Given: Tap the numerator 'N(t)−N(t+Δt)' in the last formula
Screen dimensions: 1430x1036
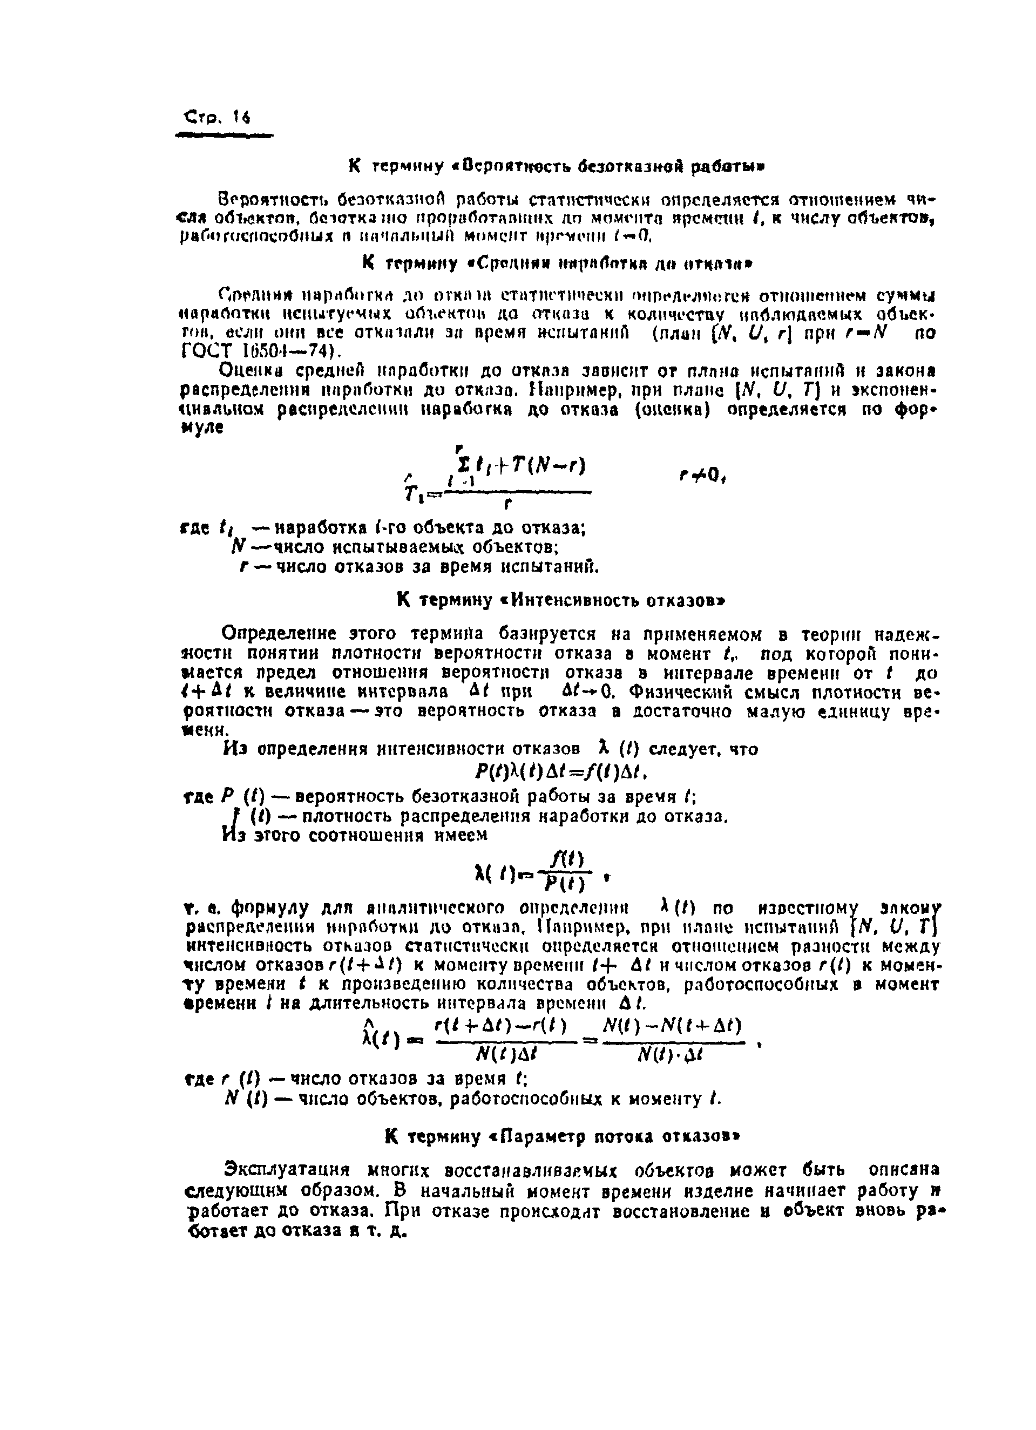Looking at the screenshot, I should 672,1026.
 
